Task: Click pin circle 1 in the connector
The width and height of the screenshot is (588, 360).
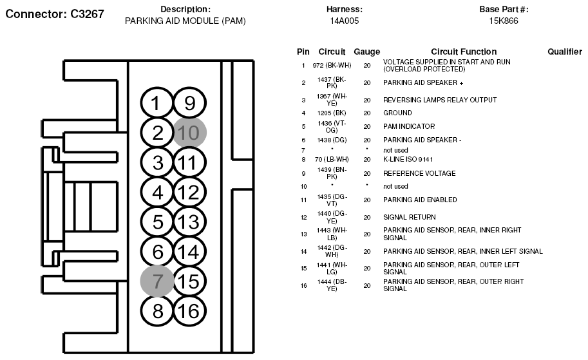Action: (x=157, y=103)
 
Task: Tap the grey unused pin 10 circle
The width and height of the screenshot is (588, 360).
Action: (x=190, y=133)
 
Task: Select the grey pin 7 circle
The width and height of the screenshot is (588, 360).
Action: (x=157, y=281)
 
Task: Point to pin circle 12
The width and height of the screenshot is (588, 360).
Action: (x=189, y=192)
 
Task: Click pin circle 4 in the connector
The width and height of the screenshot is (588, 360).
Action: (x=157, y=192)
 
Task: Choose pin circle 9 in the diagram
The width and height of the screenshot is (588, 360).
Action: (x=189, y=103)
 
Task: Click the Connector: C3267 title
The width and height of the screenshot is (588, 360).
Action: (x=55, y=14)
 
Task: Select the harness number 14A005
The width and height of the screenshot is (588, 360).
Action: (x=344, y=21)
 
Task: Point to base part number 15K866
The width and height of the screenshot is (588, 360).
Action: (x=504, y=21)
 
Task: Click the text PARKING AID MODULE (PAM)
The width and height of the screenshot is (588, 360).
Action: (x=185, y=21)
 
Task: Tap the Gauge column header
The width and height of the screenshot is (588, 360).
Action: (x=366, y=52)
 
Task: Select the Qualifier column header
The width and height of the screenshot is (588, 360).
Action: (x=565, y=52)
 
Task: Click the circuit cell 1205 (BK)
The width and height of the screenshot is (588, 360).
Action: (x=332, y=113)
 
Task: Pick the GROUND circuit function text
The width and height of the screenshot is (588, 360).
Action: (x=397, y=113)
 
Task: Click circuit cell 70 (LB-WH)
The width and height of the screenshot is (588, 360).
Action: (x=332, y=159)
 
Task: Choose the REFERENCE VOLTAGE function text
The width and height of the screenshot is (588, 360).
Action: (x=419, y=173)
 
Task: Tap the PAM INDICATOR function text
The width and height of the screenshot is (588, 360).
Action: (x=409, y=126)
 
